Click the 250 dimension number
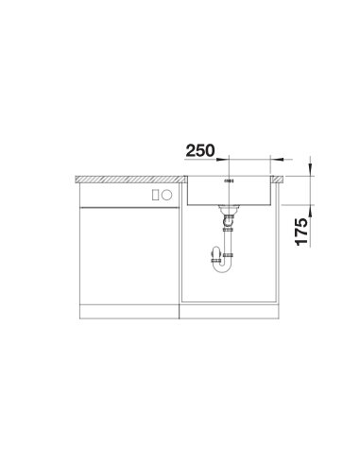(x=200, y=150)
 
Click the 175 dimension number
(x=301, y=232)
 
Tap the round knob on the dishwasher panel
(x=166, y=196)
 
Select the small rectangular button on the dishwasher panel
(x=155, y=196)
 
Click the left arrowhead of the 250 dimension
(x=223, y=160)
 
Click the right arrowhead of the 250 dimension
(x=276, y=160)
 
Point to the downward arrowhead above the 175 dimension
(x=311, y=169)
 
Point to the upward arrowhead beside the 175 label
(x=311, y=211)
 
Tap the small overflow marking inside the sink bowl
(x=229, y=181)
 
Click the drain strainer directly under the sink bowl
(x=229, y=208)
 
